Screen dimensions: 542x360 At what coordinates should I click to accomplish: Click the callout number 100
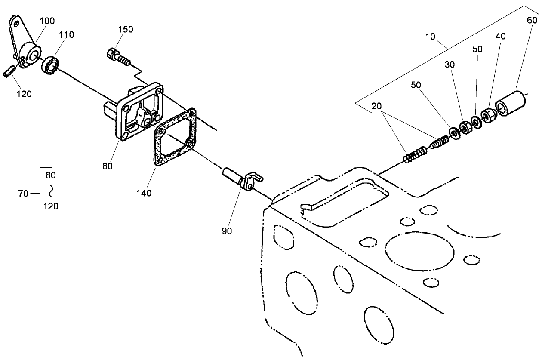click(x=47, y=21)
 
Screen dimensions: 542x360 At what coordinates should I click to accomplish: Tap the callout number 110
click(x=67, y=35)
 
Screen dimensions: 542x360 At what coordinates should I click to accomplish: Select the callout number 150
click(x=126, y=29)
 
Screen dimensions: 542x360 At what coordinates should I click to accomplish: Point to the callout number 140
click(x=144, y=193)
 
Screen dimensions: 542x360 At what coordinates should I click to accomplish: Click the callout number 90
click(x=227, y=231)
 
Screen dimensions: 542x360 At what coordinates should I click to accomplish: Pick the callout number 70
click(x=23, y=194)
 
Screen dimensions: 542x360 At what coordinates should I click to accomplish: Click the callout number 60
click(x=532, y=21)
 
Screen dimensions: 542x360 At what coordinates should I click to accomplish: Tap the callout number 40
click(x=501, y=36)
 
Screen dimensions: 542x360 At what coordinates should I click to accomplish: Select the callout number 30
click(x=450, y=65)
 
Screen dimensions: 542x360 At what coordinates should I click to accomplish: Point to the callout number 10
click(x=430, y=37)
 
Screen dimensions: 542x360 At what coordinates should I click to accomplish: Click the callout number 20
click(x=376, y=106)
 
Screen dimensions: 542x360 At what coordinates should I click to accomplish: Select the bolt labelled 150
click(x=119, y=57)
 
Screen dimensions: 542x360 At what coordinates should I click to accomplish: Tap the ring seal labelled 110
click(x=50, y=65)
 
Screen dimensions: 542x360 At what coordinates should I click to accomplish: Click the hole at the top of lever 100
click(x=16, y=24)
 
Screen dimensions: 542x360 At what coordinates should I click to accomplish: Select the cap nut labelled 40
click(x=488, y=116)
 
